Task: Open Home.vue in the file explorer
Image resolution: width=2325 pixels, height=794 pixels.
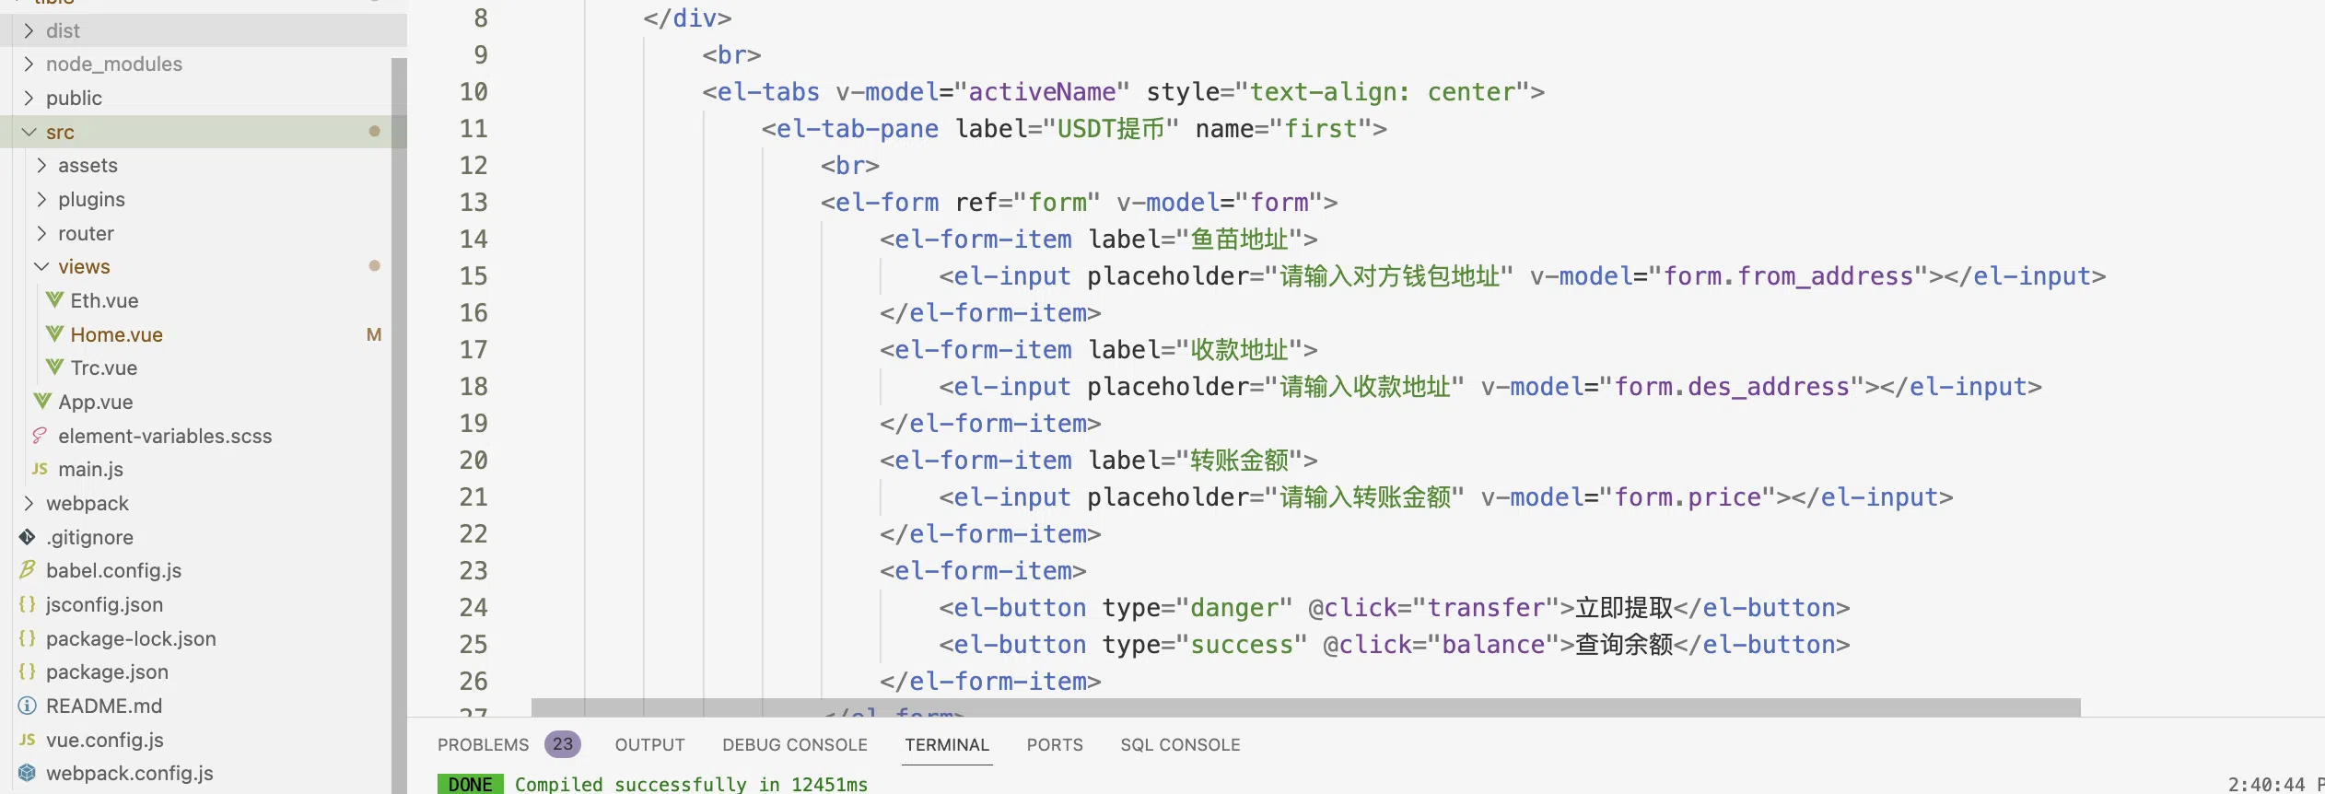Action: [x=116, y=334]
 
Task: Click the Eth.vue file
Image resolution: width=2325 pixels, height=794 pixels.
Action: [x=104, y=300]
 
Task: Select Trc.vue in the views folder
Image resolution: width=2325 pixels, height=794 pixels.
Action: [x=103, y=368]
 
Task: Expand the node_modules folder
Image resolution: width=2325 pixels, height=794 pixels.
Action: [x=114, y=64]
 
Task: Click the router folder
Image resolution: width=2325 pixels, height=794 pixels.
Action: [x=86, y=233]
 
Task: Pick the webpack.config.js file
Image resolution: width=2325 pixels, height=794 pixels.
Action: [x=129, y=773]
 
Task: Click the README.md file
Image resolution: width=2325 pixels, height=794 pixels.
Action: [x=104, y=706]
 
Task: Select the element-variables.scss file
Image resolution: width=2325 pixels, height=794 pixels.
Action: [x=165, y=436]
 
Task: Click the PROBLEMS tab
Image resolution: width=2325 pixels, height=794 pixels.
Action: [x=483, y=744]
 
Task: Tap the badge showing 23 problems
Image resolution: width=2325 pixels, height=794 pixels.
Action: [x=562, y=744]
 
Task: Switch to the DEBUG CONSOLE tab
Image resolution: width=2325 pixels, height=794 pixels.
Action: [x=795, y=744]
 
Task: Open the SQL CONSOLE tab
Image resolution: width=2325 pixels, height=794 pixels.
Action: [x=1180, y=744]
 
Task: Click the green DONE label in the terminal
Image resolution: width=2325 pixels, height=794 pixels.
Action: [x=471, y=784]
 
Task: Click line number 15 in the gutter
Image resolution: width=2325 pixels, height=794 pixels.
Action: [x=473, y=275]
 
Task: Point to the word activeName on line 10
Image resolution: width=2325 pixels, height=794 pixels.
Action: [x=1042, y=92]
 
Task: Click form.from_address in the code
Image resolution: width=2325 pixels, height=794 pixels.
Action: [x=1788, y=276]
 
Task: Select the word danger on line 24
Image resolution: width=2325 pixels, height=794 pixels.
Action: [x=1234, y=608]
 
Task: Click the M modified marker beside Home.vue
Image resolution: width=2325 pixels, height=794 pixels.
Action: [x=374, y=334]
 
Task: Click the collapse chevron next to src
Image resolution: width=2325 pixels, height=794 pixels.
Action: [x=29, y=132]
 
